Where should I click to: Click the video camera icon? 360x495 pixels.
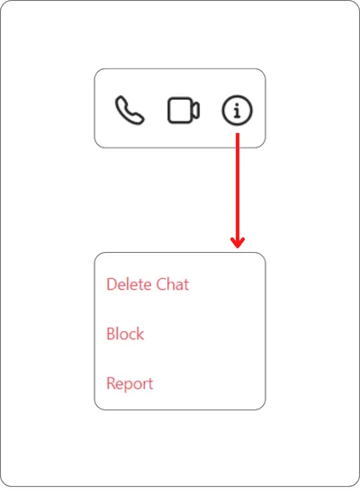(x=184, y=110)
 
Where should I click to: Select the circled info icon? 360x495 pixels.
(x=238, y=110)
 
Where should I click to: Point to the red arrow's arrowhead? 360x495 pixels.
(x=238, y=242)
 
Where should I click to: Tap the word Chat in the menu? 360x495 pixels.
(x=173, y=284)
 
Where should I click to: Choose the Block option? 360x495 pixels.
(x=125, y=334)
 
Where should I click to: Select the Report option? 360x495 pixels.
(x=130, y=384)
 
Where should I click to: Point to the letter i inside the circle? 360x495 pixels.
(x=238, y=111)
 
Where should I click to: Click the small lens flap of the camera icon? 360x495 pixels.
(x=196, y=111)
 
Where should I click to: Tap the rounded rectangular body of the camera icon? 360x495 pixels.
(x=179, y=110)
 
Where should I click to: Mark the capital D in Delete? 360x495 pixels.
(x=112, y=284)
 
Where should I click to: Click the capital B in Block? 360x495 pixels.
(x=112, y=334)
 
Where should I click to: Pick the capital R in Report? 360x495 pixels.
(x=112, y=383)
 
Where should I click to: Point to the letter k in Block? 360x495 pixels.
(x=140, y=334)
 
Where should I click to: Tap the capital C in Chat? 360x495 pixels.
(x=162, y=284)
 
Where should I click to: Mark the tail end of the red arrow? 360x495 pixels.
(x=238, y=133)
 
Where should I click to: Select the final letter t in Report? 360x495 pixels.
(x=150, y=384)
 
